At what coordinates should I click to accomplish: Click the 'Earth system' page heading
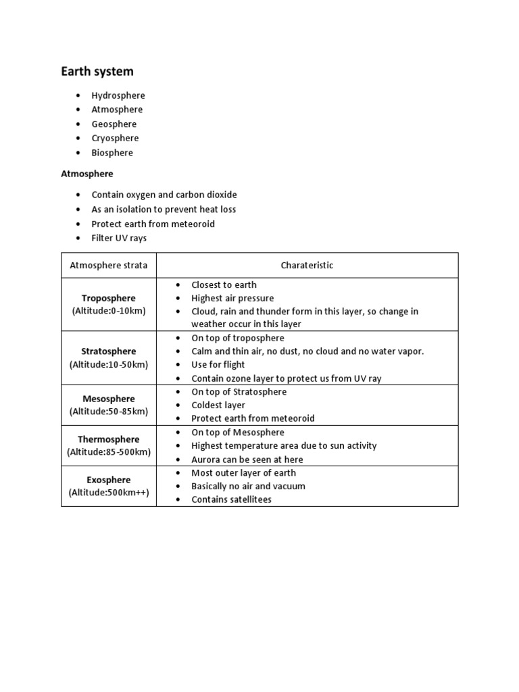click(97, 71)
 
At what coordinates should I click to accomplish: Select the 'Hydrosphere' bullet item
click(118, 95)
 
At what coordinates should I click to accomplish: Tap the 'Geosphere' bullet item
click(114, 124)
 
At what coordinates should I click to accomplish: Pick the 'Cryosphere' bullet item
click(116, 138)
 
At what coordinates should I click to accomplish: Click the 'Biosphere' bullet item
click(112, 153)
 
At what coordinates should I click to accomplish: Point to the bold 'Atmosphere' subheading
click(87, 174)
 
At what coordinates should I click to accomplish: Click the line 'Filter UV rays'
click(119, 238)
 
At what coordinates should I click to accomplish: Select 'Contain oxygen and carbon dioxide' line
click(164, 195)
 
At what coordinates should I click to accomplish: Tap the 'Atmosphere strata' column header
click(108, 265)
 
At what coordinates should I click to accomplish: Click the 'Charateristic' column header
click(307, 265)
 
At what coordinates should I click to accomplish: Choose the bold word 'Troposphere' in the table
click(109, 298)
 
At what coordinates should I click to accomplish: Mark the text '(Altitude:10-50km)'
click(109, 364)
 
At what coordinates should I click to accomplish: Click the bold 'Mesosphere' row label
click(109, 399)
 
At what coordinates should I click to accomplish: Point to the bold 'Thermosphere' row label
click(109, 439)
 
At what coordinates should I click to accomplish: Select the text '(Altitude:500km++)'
click(109, 493)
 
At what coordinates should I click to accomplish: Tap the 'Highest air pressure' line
click(232, 298)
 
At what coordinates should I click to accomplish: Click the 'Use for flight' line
click(218, 365)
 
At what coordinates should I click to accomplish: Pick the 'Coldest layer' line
click(218, 405)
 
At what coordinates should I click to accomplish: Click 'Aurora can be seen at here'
click(247, 460)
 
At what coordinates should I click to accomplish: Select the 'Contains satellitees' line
click(231, 499)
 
